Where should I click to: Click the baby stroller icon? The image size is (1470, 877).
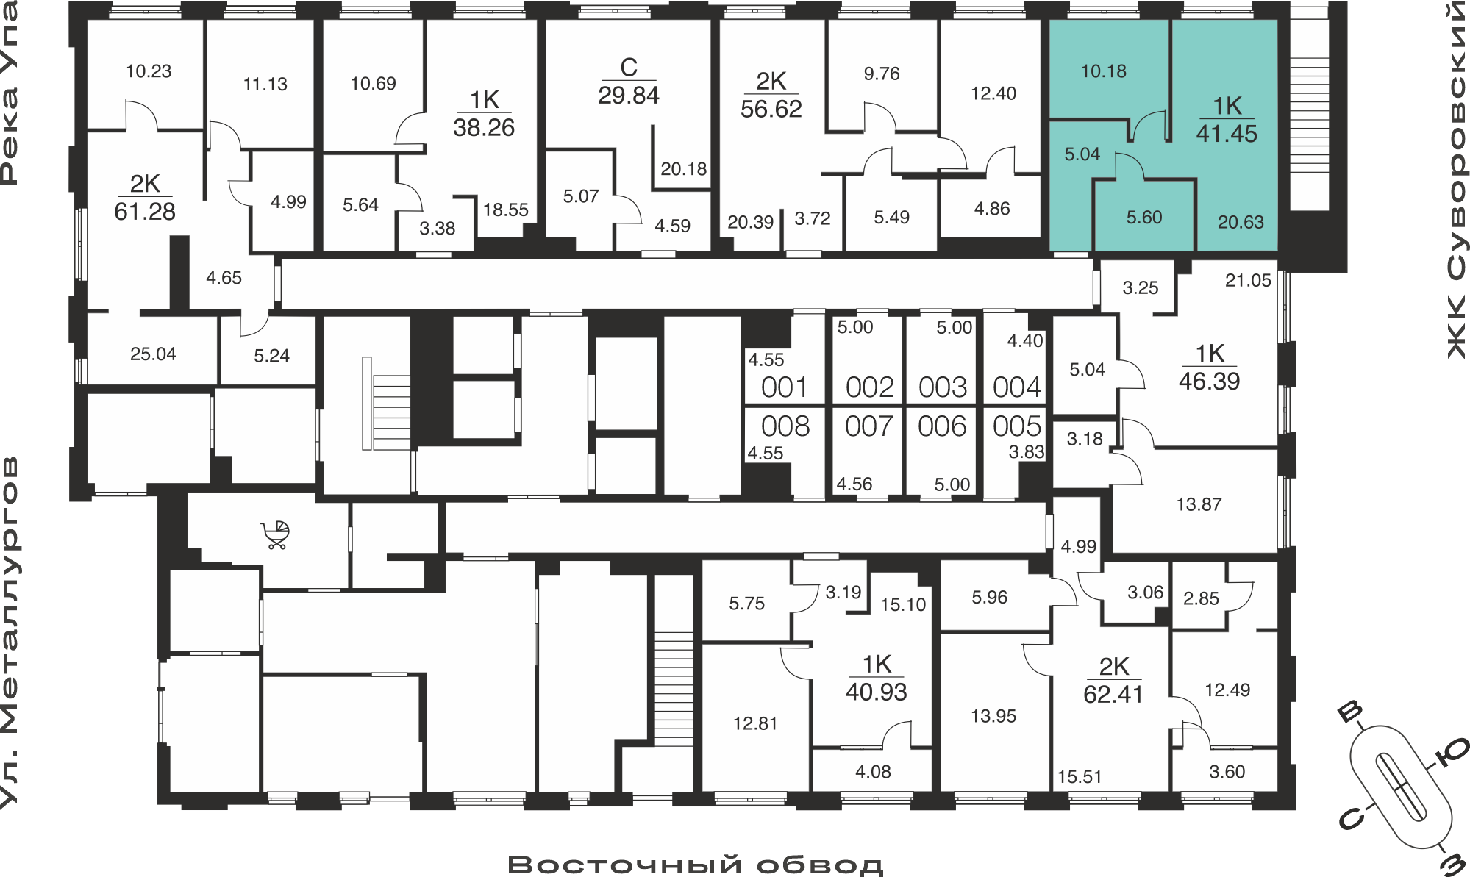[x=275, y=535]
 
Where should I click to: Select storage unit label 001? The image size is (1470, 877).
[x=785, y=387]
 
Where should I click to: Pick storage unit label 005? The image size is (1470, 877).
[x=1017, y=426]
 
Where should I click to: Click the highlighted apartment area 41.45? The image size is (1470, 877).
[x=1227, y=134]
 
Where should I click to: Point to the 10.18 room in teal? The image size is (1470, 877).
[x=1104, y=71]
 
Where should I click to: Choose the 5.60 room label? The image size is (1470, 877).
[x=1144, y=218]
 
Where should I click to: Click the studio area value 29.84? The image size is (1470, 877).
[x=629, y=96]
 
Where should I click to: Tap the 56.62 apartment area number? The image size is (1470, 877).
[x=771, y=109]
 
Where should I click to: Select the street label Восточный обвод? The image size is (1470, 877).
[x=696, y=865]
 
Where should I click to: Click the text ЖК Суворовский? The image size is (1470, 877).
[x=1457, y=181]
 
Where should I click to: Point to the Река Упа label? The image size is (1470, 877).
[x=9, y=93]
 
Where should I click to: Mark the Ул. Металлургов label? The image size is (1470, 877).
[x=9, y=633]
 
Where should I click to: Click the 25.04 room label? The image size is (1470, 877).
[x=153, y=354]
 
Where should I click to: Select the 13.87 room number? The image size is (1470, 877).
[x=1199, y=504]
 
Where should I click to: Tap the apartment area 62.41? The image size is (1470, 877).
[x=1113, y=695]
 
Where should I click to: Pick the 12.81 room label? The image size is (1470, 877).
[x=755, y=724]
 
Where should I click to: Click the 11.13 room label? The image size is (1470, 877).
[x=265, y=85]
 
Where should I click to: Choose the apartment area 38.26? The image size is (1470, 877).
[x=484, y=128]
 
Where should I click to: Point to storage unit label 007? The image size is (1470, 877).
[x=869, y=426]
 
